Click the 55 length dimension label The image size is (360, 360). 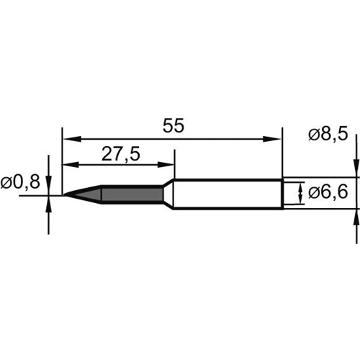tap(174, 125)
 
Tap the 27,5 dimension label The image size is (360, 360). tap(120, 154)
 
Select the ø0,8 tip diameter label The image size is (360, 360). tap(20, 182)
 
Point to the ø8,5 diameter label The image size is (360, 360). tap(328, 134)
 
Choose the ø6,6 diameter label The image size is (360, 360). tap(328, 192)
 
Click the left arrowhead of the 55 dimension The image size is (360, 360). tap(71, 139)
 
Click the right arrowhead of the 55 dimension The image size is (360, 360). tap(272, 139)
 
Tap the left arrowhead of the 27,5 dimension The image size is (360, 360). tap(71, 165)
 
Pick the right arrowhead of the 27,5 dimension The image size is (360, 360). tap(166, 165)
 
